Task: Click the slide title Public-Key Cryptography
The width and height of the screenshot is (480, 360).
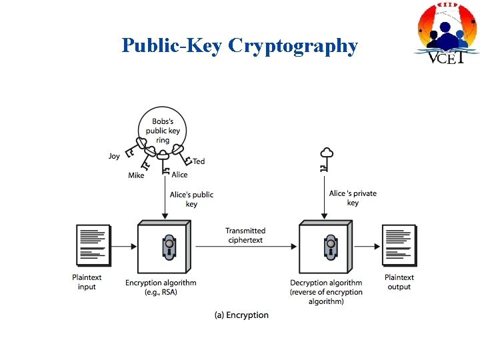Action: (239, 45)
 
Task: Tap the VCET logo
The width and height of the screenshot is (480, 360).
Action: (447, 33)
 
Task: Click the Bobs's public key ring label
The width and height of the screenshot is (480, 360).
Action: (163, 131)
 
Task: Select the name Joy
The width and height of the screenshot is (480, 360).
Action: (115, 156)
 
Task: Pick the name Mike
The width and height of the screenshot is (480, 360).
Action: (136, 175)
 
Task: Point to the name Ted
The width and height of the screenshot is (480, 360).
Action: (199, 162)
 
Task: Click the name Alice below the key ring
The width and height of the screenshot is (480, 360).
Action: (179, 175)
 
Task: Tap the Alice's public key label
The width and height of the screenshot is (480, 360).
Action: (191, 199)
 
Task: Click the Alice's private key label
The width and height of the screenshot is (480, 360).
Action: (353, 198)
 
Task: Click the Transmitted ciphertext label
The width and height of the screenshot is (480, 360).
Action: (245, 235)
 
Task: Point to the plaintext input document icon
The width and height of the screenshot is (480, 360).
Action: (93, 245)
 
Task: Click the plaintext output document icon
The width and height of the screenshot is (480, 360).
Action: (399, 245)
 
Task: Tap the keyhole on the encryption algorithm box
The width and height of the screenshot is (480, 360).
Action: (169, 247)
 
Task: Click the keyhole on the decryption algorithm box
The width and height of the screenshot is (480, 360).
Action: (329, 247)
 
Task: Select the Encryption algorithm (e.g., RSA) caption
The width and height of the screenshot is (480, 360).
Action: (161, 287)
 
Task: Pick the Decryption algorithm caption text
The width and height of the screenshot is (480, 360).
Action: (326, 292)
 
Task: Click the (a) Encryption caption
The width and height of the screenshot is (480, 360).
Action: (241, 315)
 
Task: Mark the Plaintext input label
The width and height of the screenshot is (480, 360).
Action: (87, 282)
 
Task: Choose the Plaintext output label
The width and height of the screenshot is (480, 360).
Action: (399, 282)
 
